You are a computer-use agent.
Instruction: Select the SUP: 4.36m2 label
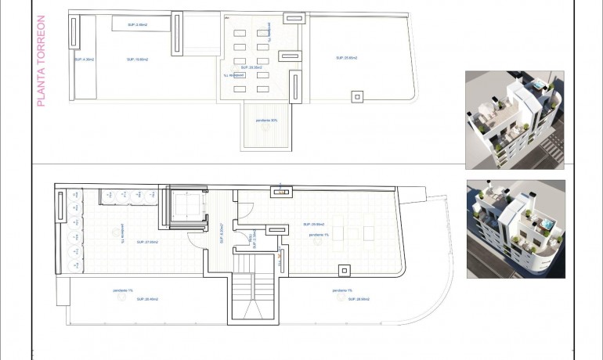pyautogui.click(x=84, y=59)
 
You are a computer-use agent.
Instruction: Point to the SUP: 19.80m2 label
pyautogui.click(x=137, y=59)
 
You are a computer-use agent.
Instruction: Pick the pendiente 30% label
pyautogui.click(x=266, y=120)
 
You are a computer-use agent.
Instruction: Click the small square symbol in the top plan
pyautogui.click(x=357, y=96)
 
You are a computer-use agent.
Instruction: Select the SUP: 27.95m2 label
pyautogui.click(x=146, y=242)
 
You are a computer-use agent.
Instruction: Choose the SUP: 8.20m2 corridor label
pyautogui.click(x=222, y=234)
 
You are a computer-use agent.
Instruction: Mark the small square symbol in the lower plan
pyautogui.click(x=344, y=270)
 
